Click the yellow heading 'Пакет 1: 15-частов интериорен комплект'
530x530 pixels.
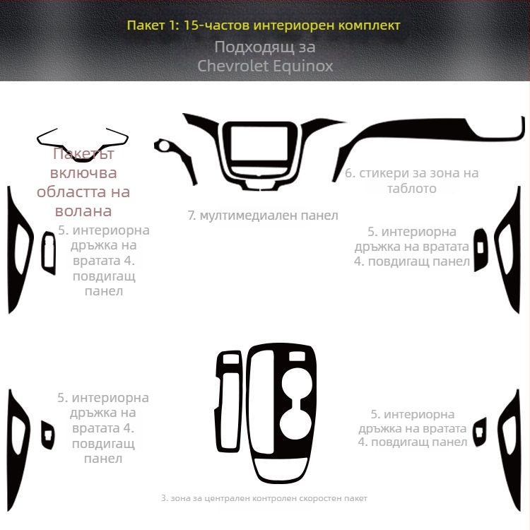click(264, 25)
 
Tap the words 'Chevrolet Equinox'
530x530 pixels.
click(265, 66)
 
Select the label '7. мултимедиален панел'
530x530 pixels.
click(263, 216)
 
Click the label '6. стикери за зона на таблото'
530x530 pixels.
click(412, 180)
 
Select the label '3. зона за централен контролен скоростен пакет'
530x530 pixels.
click(264, 498)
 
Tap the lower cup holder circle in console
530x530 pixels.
click(295, 424)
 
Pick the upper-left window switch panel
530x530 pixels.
click(43, 254)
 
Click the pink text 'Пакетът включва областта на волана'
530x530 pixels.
click(83, 182)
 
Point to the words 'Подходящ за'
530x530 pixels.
click(265, 47)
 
